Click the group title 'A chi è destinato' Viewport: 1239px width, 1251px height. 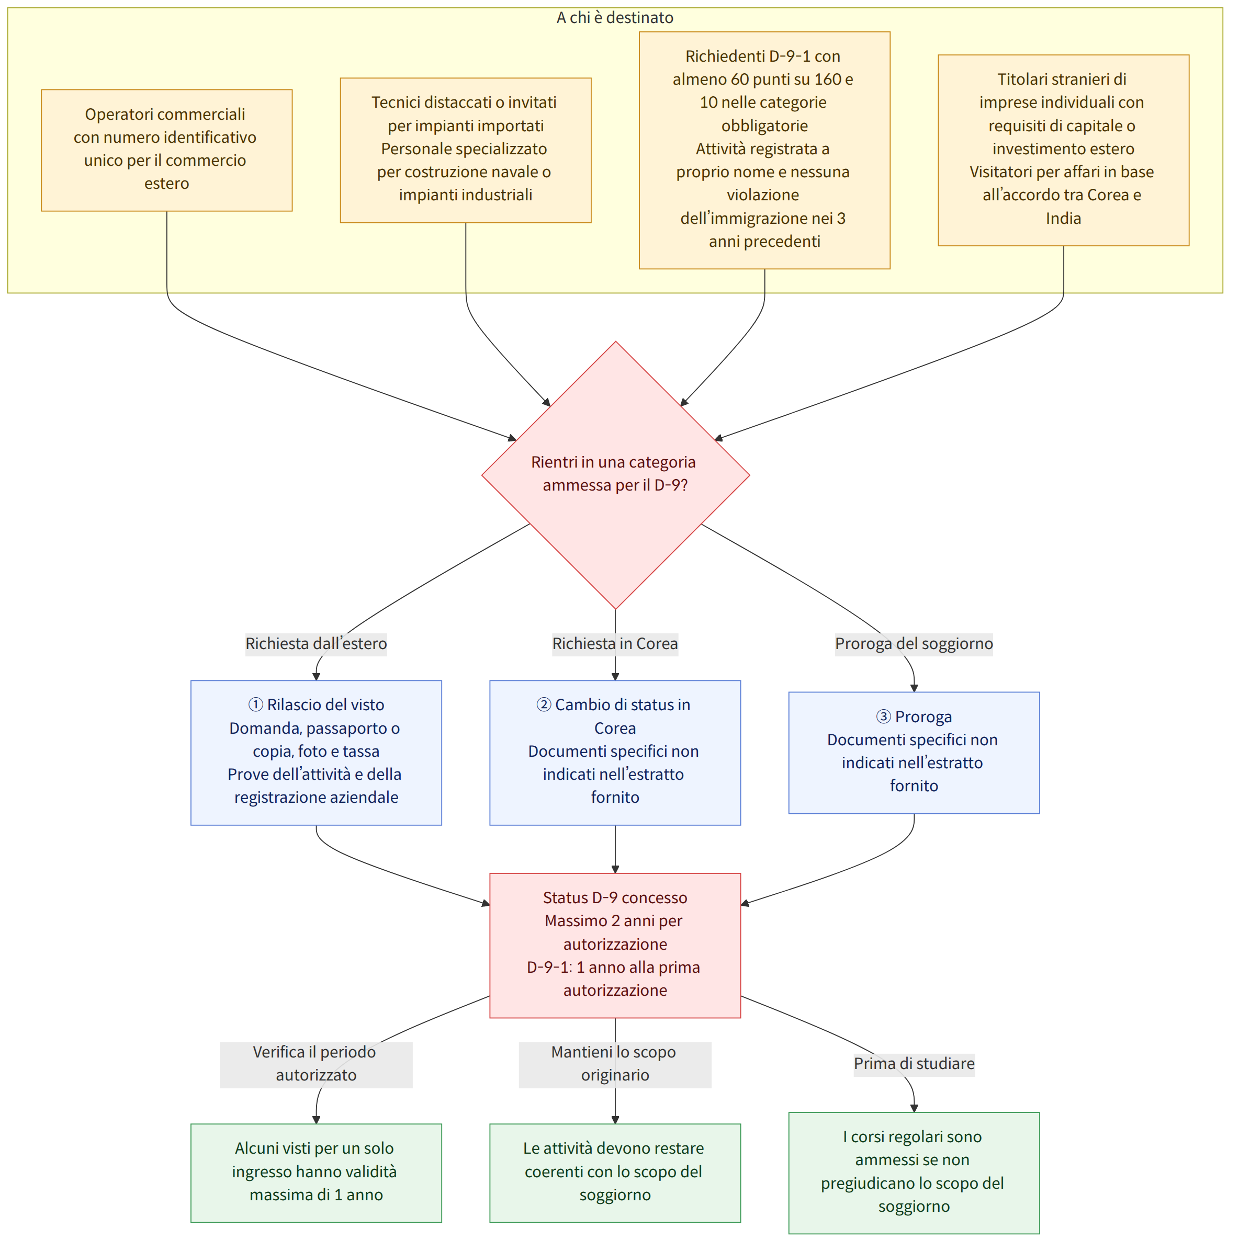click(615, 17)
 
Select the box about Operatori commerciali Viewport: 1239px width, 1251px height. click(166, 150)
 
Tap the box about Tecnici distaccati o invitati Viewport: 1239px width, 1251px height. click(466, 150)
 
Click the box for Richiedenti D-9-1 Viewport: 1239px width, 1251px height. click(764, 150)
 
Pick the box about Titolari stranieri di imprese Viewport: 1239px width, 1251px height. click(1064, 150)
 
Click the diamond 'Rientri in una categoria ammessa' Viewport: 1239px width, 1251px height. click(615, 475)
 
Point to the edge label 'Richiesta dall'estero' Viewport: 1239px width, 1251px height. click(316, 644)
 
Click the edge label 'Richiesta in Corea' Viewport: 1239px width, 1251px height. click(615, 644)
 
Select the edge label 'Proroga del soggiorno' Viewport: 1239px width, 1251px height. click(914, 644)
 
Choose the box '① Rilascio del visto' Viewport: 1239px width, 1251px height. click(316, 753)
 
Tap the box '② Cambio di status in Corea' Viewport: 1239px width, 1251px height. click(615, 753)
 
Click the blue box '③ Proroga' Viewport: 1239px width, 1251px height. click(914, 753)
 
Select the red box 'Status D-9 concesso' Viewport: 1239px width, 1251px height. click(615, 946)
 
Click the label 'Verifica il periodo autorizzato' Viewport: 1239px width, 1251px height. click(316, 1064)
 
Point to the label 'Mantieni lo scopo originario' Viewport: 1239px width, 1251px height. click(615, 1064)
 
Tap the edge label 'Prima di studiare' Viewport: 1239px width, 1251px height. click(914, 1064)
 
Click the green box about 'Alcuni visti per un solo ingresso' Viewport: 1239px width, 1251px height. click(316, 1173)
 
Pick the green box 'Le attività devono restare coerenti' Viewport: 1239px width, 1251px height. click(615, 1173)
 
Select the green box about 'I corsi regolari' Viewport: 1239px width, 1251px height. click(914, 1173)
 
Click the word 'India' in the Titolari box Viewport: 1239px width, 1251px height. click(1064, 218)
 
